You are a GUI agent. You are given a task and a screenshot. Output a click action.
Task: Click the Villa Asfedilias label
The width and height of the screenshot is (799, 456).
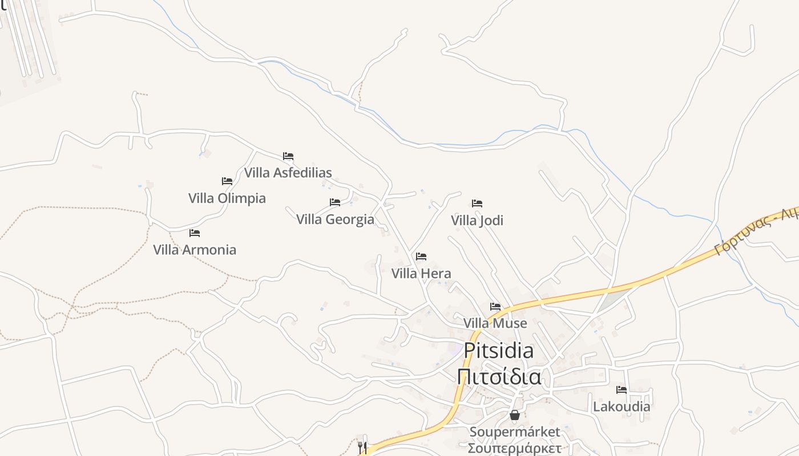tap(288, 172)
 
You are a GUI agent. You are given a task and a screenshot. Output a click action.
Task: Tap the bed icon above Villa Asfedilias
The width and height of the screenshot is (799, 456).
tap(288, 156)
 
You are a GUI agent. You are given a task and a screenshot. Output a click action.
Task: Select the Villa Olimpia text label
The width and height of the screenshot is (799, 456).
tap(227, 198)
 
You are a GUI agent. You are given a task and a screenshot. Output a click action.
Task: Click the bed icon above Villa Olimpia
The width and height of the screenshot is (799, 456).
tap(227, 181)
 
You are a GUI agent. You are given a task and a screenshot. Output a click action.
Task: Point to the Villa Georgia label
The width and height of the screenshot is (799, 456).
tap(335, 219)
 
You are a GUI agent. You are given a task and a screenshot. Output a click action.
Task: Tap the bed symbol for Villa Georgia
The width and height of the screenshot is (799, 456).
tap(335, 202)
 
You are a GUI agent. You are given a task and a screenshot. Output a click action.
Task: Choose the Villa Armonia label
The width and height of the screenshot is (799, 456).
tap(194, 250)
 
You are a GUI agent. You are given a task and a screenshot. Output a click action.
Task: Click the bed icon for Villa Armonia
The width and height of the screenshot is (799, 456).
tap(195, 233)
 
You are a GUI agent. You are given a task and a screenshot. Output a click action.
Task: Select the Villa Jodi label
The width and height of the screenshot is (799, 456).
tap(477, 220)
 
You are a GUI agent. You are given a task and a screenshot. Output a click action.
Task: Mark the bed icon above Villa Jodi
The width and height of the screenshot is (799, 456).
tap(477, 203)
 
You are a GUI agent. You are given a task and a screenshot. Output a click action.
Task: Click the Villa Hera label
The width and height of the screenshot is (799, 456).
tap(421, 274)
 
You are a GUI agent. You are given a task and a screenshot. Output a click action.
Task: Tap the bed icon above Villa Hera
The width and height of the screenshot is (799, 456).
tap(421, 256)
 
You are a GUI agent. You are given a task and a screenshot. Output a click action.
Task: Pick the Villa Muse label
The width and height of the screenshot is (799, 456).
tap(495, 324)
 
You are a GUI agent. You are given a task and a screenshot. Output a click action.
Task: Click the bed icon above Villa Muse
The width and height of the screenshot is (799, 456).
tap(495, 307)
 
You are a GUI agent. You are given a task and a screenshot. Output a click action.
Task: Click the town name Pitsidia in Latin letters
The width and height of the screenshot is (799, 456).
tap(498, 351)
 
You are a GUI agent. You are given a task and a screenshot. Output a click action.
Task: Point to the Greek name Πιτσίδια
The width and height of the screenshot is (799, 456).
tap(499, 377)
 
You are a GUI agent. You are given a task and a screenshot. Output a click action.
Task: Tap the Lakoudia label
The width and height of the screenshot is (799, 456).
tap(622, 407)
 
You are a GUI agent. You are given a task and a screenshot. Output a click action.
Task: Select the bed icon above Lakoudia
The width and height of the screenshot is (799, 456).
tap(622, 390)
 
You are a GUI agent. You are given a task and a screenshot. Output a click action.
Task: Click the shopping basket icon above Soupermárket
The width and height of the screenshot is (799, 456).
tap(514, 415)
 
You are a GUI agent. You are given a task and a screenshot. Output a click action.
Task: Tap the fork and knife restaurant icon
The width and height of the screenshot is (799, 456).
tap(362, 446)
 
